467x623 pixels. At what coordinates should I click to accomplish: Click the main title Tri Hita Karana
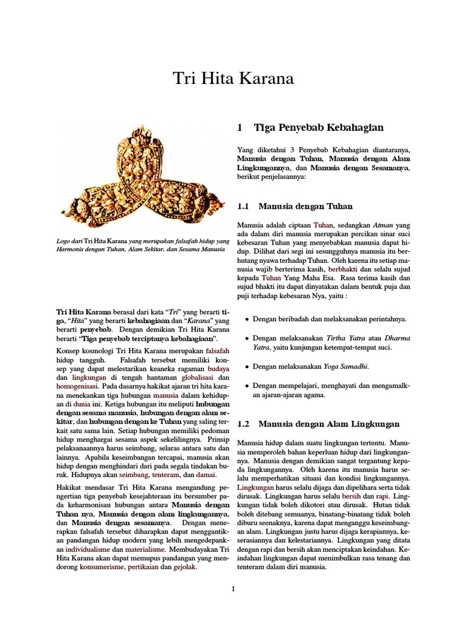[233, 79]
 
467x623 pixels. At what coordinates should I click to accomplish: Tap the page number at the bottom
[233, 588]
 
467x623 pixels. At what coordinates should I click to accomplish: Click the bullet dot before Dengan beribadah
[246, 319]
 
